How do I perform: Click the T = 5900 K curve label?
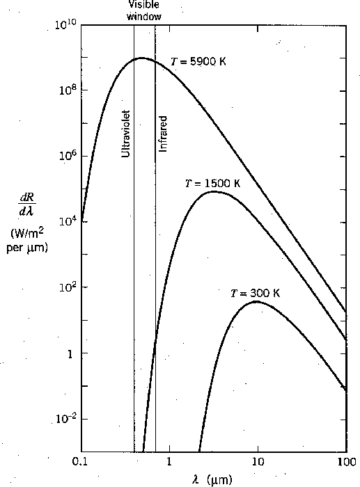[x=198, y=61]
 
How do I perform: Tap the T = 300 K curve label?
[x=255, y=293]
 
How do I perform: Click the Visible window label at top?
[x=144, y=10]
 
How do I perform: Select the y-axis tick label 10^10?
[x=65, y=26]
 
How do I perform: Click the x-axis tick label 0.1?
[x=81, y=462]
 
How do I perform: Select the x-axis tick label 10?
[x=258, y=462]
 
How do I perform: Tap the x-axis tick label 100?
[x=346, y=462]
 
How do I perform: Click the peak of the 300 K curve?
[x=257, y=301]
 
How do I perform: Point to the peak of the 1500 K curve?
[x=214, y=191]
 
